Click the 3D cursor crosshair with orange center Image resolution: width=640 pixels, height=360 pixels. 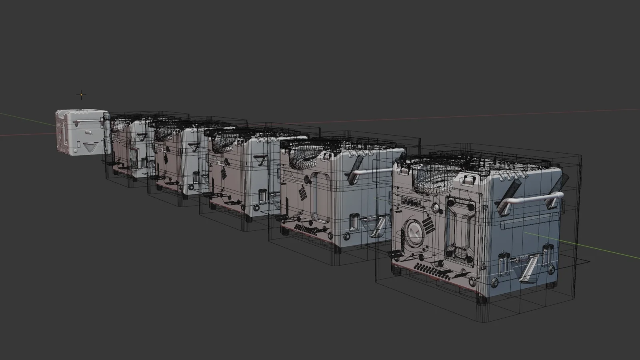[x=81, y=95]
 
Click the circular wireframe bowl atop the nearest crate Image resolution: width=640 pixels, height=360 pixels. [x=438, y=178]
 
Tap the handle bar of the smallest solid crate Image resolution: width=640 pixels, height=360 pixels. [x=86, y=120]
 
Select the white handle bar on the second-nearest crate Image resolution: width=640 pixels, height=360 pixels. [x=370, y=172]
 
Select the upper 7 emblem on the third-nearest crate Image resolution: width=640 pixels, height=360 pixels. [x=263, y=161]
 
